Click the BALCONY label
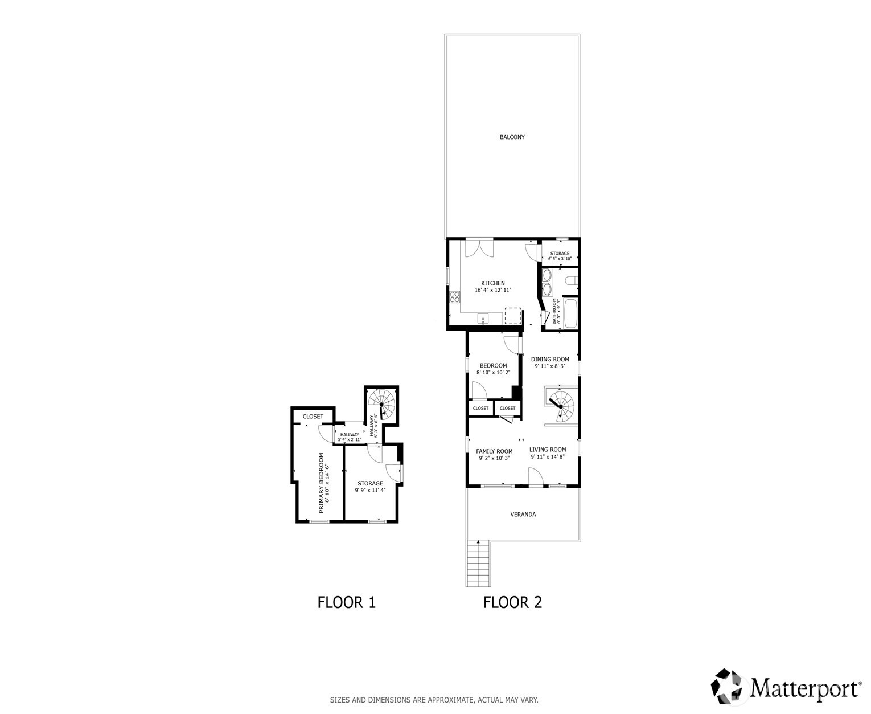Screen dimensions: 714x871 point(512,137)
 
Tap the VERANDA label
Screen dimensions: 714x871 point(523,515)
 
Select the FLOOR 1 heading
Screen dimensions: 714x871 point(346,602)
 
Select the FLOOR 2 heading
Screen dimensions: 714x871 point(512,602)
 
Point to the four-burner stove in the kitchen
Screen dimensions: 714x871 point(455,297)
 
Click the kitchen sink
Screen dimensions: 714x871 point(483,319)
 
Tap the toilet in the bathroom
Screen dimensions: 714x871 point(571,280)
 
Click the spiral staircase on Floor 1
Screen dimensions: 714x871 point(381,403)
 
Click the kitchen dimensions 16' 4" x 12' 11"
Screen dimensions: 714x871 point(493,291)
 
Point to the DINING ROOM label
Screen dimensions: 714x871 point(550,360)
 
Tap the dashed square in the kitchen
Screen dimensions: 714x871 point(512,316)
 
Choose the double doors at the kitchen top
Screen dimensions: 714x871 point(479,248)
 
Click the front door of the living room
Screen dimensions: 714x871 point(536,478)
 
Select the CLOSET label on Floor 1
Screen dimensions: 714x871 point(313,417)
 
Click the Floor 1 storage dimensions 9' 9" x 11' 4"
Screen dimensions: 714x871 point(370,490)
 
